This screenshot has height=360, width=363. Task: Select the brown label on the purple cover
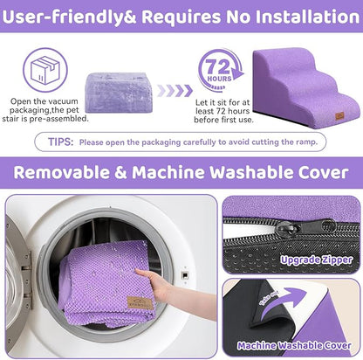pyautogui.click(x=138, y=302)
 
